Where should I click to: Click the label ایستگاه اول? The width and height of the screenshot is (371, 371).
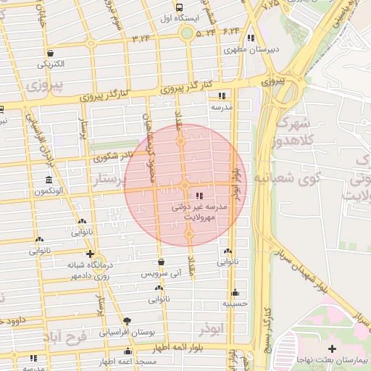point(175,17)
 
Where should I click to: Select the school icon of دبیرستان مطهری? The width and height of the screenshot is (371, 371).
point(251,38)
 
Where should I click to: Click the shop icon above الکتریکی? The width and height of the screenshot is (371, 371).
point(51,53)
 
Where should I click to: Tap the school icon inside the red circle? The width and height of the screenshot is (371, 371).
point(199,196)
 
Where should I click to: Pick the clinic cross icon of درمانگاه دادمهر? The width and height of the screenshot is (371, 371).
point(89,254)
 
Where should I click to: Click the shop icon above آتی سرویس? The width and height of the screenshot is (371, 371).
point(161,262)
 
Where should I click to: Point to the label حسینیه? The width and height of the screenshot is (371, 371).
point(235,304)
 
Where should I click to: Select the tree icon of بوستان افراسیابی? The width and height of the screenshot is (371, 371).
point(128,320)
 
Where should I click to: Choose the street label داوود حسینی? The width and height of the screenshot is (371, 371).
point(22,320)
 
